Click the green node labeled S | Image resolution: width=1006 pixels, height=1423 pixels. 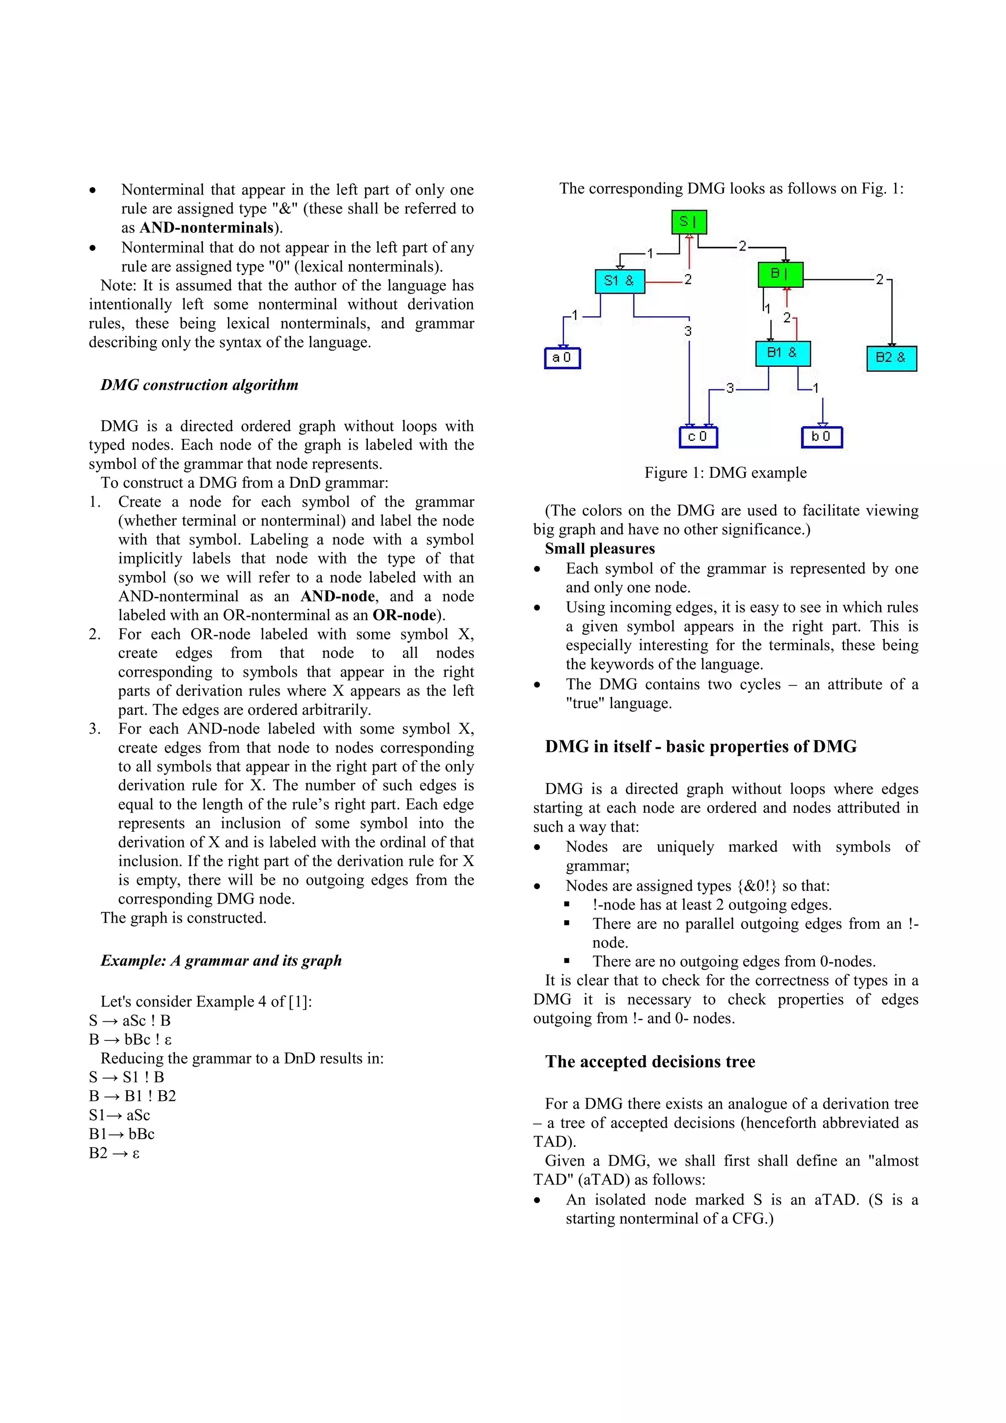(689, 222)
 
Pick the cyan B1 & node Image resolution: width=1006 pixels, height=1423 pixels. (782, 353)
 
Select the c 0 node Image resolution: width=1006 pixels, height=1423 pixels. (698, 437)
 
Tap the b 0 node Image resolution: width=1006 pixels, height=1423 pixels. (821, 437)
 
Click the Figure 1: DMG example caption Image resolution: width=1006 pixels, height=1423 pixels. (725, 473)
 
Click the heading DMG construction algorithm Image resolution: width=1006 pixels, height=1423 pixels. (199, 385)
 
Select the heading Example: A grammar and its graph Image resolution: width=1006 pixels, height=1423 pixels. (221, 960)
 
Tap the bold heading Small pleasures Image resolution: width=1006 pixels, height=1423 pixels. (599, 548)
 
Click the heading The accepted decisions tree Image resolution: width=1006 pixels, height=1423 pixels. (649, 1062)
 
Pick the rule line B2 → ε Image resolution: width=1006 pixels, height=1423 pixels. (114, 1153)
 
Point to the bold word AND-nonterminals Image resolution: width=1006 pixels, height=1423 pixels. (206, 228)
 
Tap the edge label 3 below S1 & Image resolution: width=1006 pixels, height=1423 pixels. (687, 331)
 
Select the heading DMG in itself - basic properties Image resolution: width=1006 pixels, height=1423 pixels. (700, 746)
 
